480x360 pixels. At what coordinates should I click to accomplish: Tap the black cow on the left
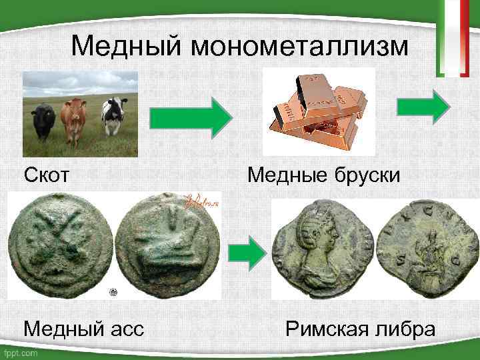pyautogui.click(x=43, y=120)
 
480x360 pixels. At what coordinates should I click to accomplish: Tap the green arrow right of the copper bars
pyautogui.click(x=424, y=107)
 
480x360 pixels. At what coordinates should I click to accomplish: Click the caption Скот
pyautogui.click(x=47, y=176)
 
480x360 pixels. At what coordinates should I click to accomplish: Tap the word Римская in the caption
pyautogui.click(x=327, y=329)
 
